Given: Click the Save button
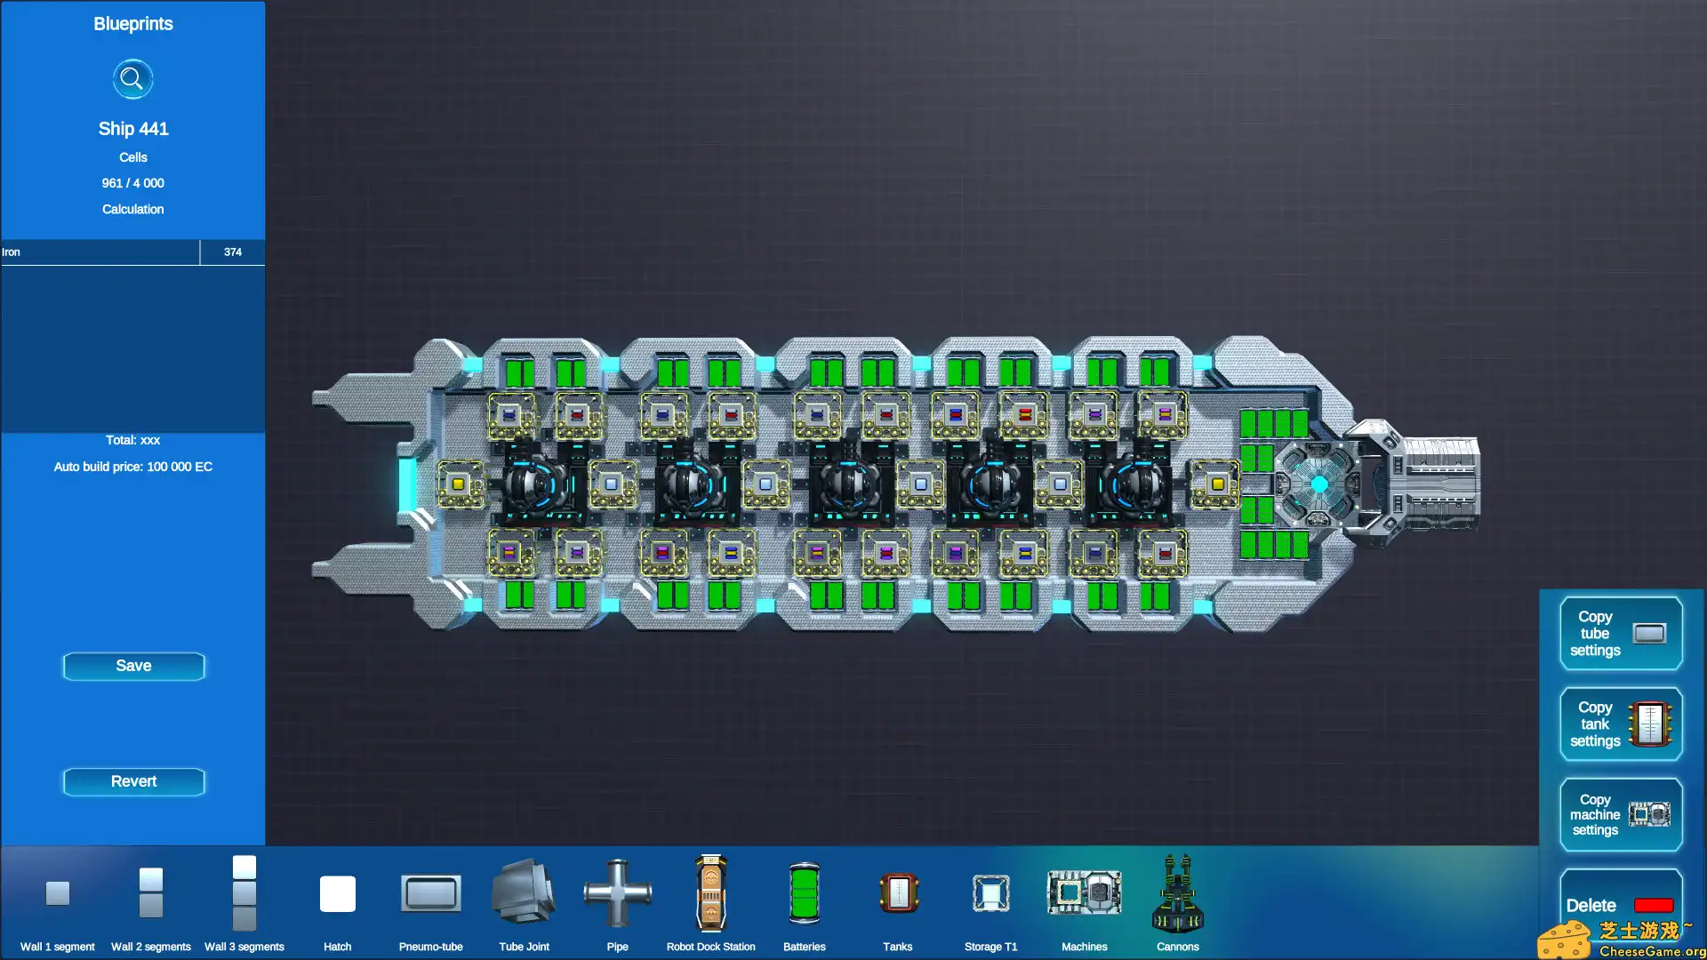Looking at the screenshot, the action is pyautogui.click(x=133, y=666).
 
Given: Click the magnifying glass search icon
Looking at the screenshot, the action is pyautogui.click(x=132, y=79).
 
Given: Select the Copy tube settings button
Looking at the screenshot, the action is pyautogui.click(x=1621, y=633).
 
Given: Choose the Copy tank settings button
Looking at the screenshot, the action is pyautogui.click(x=1621, y=724).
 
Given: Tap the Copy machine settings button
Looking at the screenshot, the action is pyautogui.click(x=1621, y=814).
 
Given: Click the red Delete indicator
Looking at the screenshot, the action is pyautogui.click(x=1654, y=905).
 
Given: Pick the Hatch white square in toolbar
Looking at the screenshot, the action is pyautogui.click(x=338, y=893).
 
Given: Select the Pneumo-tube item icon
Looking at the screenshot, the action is pyautogui.click(x=431, y=893).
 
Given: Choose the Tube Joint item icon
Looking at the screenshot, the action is pyautogui.click(x=525, y=892).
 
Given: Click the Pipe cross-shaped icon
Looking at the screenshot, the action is pyautogui.click(x=618, y=892).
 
